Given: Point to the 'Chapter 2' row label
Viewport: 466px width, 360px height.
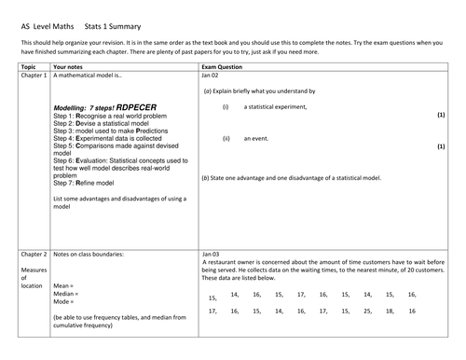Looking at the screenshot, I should point(34,254).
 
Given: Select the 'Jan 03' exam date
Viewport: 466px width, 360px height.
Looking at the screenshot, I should point(211,254).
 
